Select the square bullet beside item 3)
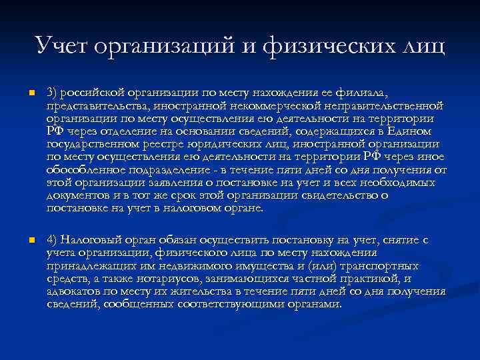click(x=23, y=93)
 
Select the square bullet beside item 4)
click(x=23, y=240)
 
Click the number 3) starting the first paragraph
click(x=53, y=93)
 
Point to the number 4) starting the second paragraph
click(x=53, y=240)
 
